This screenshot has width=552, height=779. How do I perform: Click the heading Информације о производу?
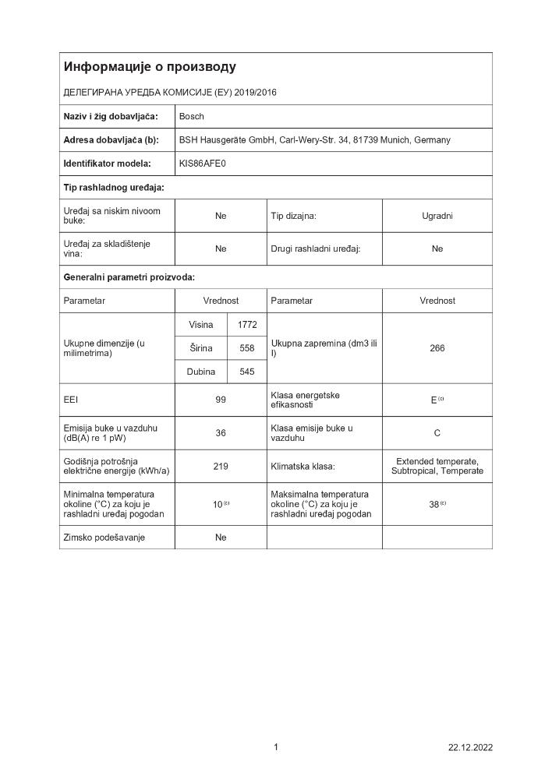pos(150,67)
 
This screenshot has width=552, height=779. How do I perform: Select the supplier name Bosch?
pos(192,117)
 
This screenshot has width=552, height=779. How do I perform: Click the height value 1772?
pos(247,325)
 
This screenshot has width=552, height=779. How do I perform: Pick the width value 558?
pos(247,348)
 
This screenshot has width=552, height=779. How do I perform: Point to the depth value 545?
pos(247,372)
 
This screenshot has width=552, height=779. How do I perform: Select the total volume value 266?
pos(437,348)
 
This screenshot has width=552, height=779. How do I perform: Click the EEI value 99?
pos(221,400)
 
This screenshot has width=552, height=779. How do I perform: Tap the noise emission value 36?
pos(221,433)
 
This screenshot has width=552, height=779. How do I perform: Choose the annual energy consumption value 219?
pos(221,467)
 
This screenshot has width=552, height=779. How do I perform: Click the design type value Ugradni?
pos(437,216)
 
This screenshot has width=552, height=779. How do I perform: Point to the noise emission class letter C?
pos(437,433)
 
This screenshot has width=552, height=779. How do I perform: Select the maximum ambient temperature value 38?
pos(434,505)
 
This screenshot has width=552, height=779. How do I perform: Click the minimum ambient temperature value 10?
pos(218,505)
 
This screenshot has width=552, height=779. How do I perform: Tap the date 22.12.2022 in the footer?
pos(470,748)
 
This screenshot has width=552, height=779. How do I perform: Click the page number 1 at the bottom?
pos(276,748)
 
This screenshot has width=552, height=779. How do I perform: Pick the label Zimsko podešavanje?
pos(104,538)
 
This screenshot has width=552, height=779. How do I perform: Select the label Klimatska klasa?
pos(303,467)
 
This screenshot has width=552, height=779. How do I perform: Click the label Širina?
pos(200,348)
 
